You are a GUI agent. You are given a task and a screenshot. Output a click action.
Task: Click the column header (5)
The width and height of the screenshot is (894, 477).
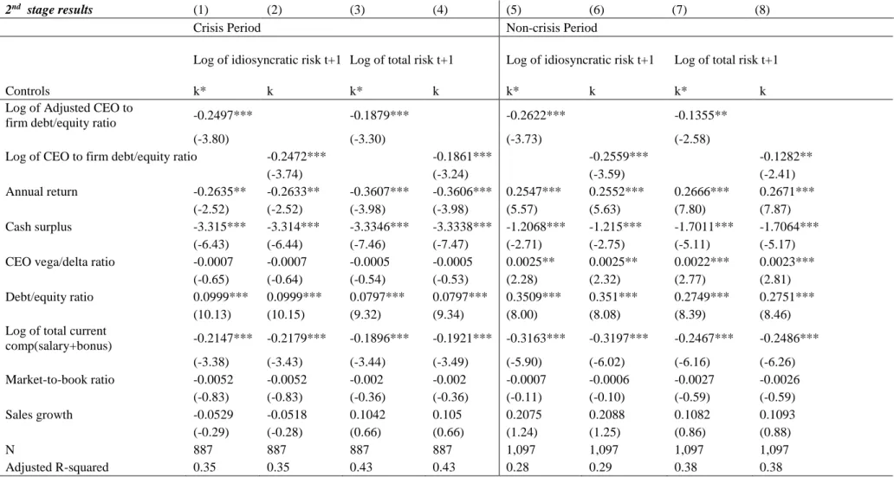(x=512, y=11)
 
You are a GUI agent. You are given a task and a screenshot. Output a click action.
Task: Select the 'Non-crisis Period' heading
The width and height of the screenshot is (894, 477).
(x=552, y=28)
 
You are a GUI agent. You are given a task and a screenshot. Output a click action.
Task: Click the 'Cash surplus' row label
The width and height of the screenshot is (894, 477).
(x=32, y=227)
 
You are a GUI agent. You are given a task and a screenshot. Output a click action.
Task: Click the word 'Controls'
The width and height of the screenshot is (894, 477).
(x=28, y=91)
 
